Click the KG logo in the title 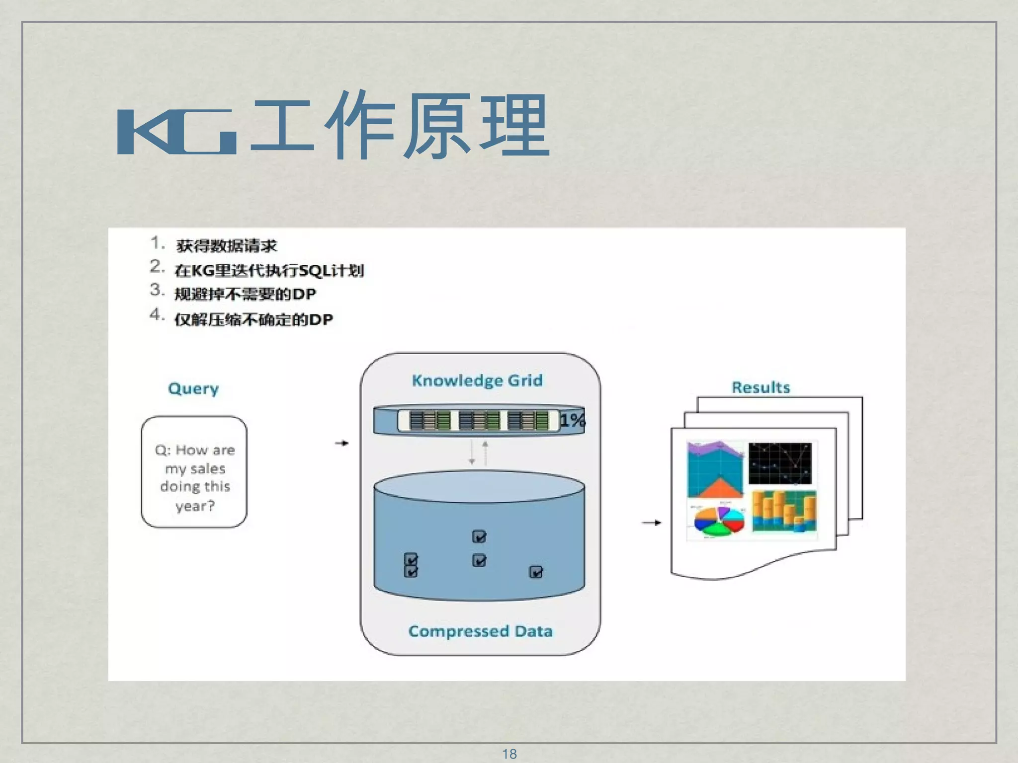coord(176,132)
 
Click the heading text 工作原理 coord(400,127)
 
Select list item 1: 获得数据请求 coord(226,245)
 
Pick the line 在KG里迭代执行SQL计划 coord(269,270)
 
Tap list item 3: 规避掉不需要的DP coord(245,294)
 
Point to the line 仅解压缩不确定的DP coord(253,319)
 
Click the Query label coord(193,388)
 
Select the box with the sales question coord(194,472)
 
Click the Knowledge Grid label coord(477,381)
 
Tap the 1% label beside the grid coord(572,420)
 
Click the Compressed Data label coord(480,631)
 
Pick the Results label coord(761,387)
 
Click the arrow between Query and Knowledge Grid coord(341,443)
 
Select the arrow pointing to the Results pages coord(651,523)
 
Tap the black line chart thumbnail coord(779,463)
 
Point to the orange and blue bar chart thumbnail coord(784,512)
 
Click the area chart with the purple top coord(715,469)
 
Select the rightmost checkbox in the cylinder coord(536,572)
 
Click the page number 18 coord(509,754)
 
